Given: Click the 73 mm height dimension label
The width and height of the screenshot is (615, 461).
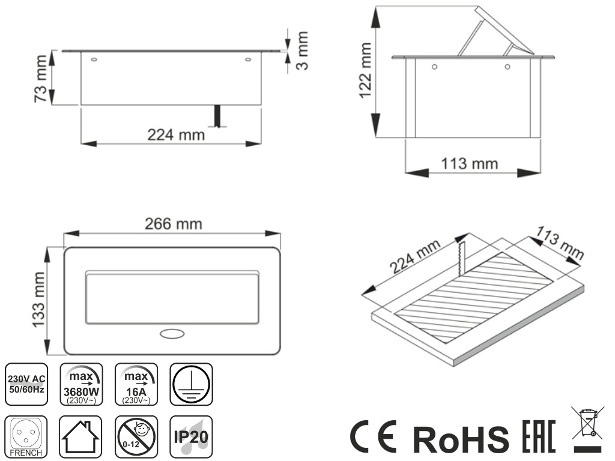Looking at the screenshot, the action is [41, 79].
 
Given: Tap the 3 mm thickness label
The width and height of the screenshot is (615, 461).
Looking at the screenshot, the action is [302, 50].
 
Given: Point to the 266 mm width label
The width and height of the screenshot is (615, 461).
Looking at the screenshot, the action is [174, 224].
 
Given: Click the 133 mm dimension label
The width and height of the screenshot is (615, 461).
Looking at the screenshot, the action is [39, 300].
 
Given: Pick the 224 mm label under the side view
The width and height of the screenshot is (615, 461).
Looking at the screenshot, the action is [176, 135].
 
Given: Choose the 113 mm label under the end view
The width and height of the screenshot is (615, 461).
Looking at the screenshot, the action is [470, 163].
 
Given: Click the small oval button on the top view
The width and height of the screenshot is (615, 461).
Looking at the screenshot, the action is [172, 334].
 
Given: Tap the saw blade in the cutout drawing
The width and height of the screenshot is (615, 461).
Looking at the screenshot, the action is [461, 257].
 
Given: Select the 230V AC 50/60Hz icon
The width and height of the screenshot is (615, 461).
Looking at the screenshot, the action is [26, 384].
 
